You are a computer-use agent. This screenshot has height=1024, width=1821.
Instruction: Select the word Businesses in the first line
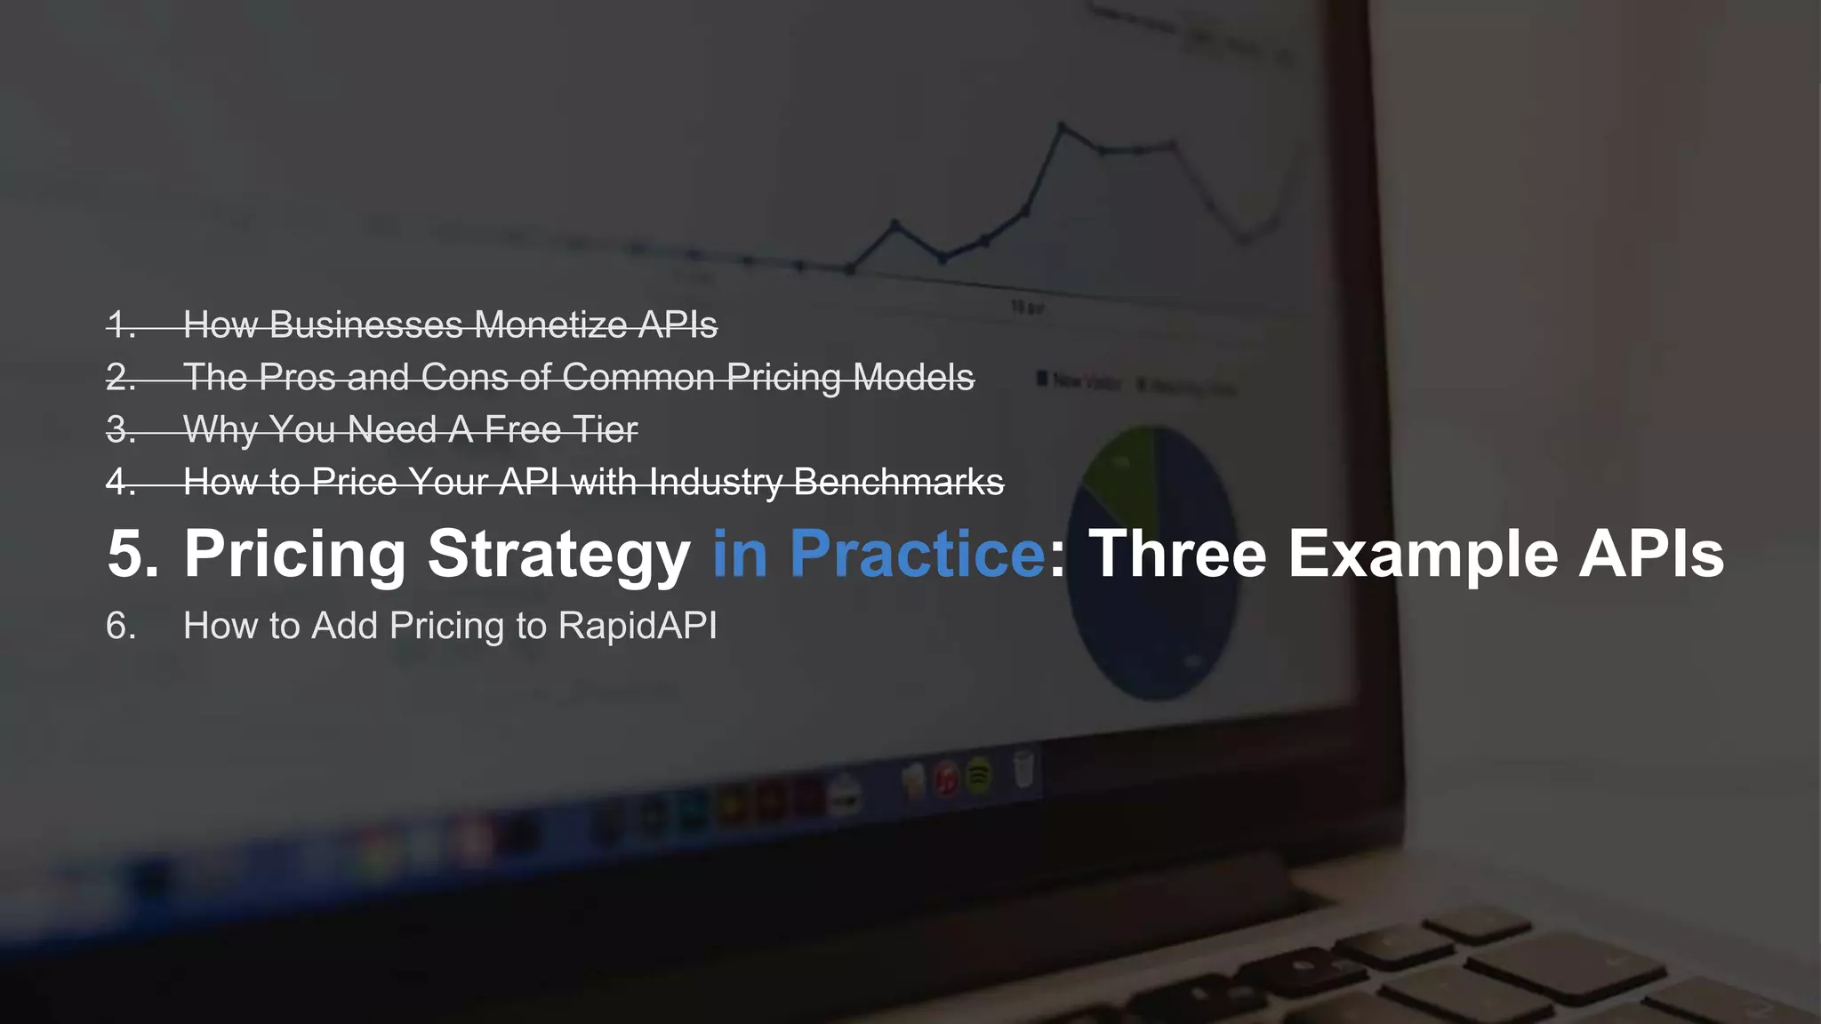click(366, 325)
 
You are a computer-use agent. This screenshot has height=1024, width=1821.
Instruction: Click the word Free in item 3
click(524, 430)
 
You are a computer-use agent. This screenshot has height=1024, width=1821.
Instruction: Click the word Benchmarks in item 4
click(899, 483)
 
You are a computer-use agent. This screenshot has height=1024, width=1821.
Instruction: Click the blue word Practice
click(917, 554)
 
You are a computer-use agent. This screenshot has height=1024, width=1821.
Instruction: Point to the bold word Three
click(1177, 554)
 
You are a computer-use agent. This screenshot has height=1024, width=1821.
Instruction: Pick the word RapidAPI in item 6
click(637, 626)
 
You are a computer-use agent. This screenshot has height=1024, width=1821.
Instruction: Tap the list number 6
click(121, 626)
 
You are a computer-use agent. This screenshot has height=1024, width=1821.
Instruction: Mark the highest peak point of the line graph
click(1062, 126)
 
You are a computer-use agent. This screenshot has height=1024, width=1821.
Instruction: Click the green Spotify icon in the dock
click(979, 776)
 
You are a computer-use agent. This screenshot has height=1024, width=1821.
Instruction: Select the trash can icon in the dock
click(1023, 770)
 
